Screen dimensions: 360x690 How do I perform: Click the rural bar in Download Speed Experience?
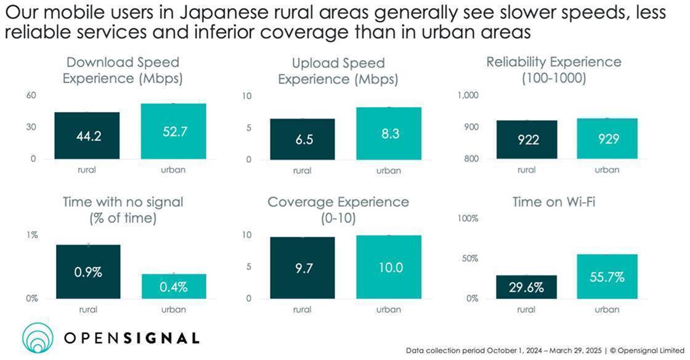tap(87, 136)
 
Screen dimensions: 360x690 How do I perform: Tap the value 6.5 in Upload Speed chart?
tap(304, 139)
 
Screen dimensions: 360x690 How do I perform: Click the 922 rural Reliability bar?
tap(527, 139)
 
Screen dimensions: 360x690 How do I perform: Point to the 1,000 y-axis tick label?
tap(468, 96)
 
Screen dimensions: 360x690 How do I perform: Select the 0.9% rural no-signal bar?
tap(88, 271)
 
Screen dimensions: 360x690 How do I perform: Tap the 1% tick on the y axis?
tap(31, 235)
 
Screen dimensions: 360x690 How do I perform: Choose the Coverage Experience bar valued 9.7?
tap(303, 268)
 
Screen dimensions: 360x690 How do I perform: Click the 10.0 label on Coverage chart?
tap(390, 268)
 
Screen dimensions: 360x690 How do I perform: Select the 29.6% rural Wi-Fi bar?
tap(527, 287)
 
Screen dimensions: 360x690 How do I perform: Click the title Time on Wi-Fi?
tap(553, 202)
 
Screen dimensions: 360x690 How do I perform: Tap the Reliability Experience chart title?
tap(553, 70)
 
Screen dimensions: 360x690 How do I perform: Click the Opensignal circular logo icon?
tap(38, 338)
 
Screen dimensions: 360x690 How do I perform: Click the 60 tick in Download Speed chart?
tap(31, 96)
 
